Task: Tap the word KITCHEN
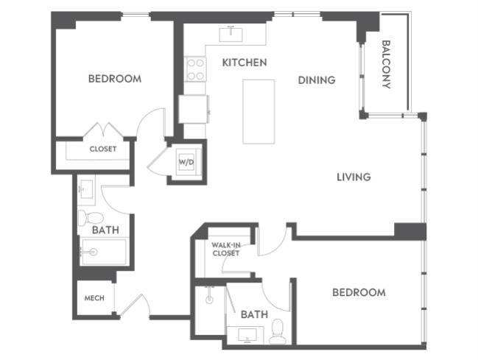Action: (244, 63)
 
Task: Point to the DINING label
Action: (317, 80)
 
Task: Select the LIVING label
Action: (353, 177)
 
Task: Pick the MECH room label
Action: (94, 298)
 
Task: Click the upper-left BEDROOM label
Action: (114, 79)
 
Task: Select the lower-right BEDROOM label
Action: (359, 292)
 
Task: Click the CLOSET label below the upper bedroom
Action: (103, 149)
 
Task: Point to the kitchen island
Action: (259, 111)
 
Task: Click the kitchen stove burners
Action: (196, 70)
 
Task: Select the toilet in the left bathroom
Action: (88, 218)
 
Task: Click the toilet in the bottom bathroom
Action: (277, 331)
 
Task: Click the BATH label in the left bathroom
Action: (105, 230)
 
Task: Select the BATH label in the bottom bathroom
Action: (254, 314)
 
